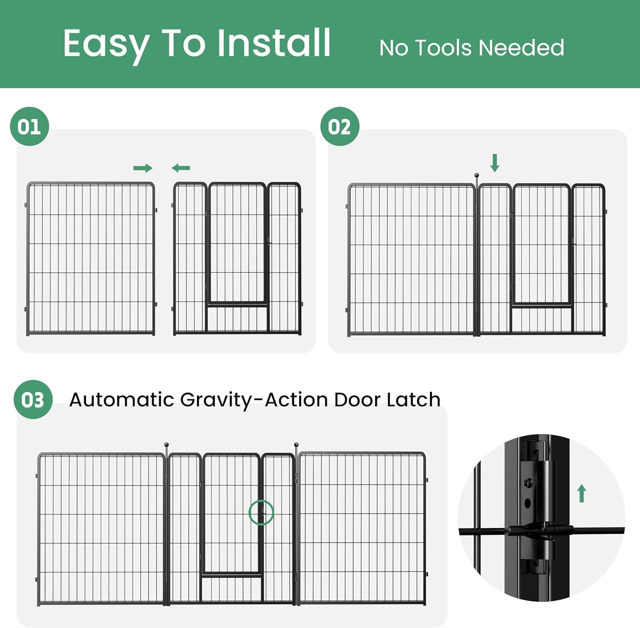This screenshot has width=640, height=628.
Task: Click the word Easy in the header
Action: pos(106,44)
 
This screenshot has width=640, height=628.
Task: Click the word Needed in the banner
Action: pos(521,48)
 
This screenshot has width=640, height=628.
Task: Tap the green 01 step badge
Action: pos(29,127)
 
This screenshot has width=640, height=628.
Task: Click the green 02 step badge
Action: pos(340,127)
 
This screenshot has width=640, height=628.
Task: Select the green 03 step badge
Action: pos(33,400)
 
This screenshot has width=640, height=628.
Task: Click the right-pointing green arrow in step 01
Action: pos(143,168)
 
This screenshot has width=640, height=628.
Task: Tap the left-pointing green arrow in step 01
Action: pos(181,168)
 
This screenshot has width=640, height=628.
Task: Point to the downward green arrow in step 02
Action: pos(495,163)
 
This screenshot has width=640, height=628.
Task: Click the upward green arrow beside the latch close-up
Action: pos(582,493)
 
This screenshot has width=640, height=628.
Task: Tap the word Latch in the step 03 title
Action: pos(413,400)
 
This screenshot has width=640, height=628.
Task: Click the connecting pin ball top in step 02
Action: pos(477,175)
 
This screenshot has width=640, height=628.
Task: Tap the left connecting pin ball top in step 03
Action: pos(166,445)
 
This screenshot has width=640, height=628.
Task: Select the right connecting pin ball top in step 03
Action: pos(296,445)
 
